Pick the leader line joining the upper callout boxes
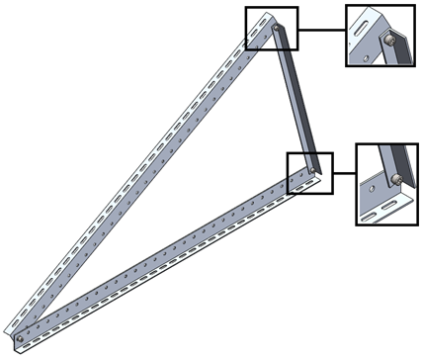(x=320, y=30)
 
